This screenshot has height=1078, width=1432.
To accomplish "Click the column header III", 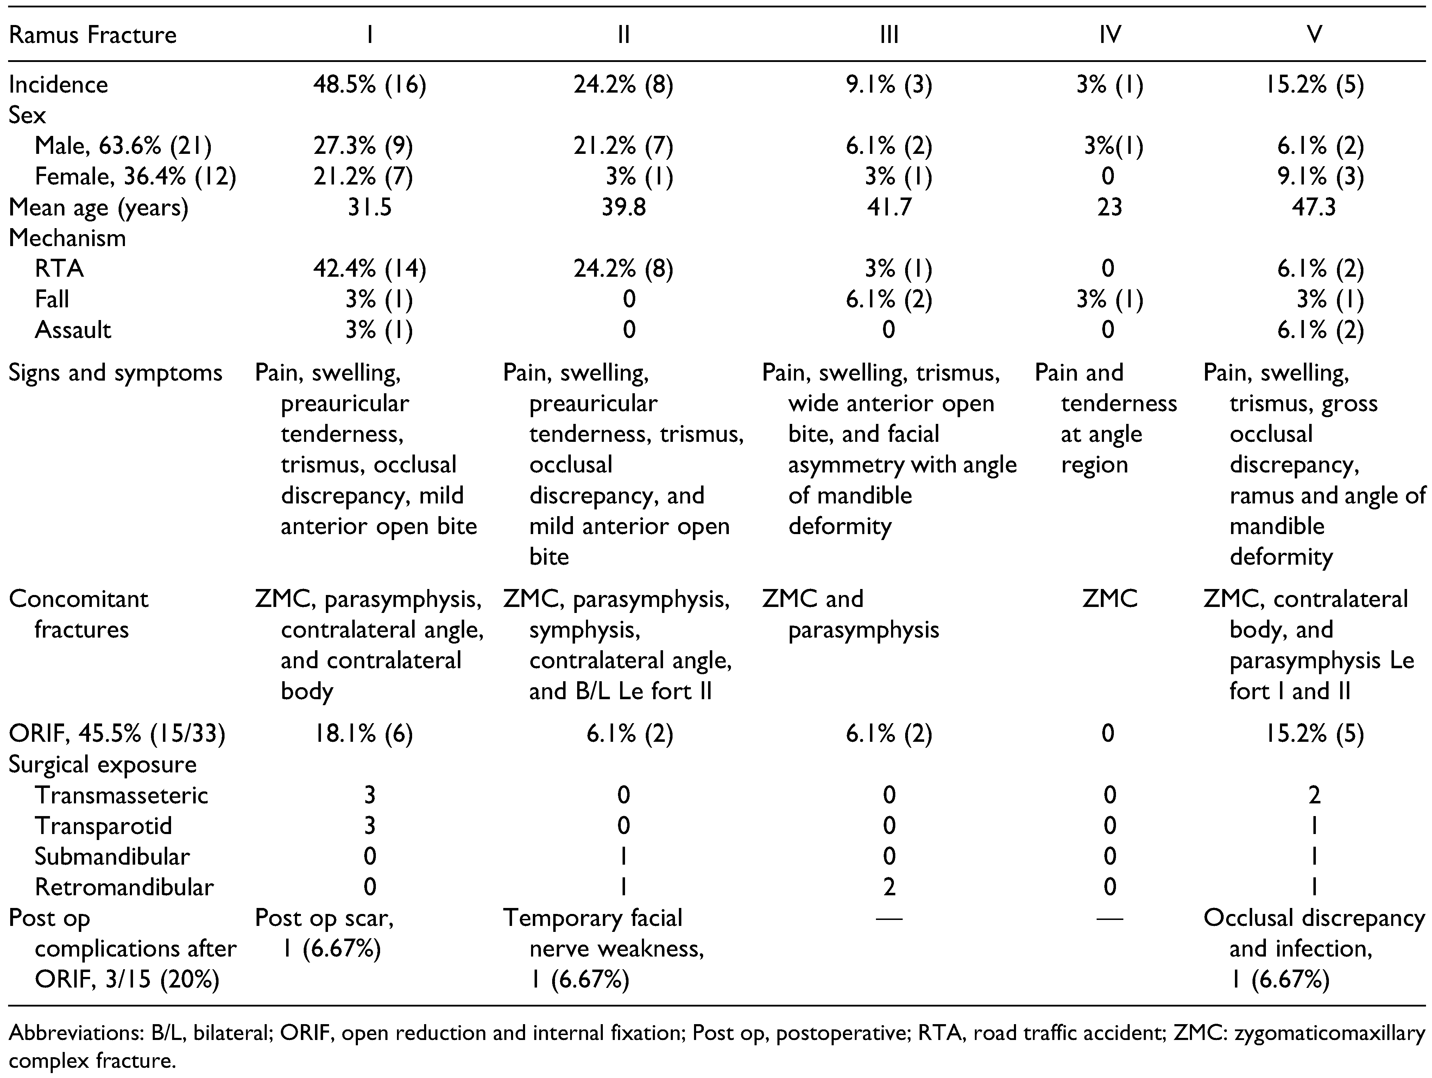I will tap(889, 34).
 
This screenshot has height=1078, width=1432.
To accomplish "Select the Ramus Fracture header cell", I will tap(93, 34).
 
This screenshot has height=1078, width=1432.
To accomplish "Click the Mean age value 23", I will tap(1109, 207).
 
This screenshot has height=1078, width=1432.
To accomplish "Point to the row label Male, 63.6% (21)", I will tap(123, 146).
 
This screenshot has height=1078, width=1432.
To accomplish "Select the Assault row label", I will tap(72, 330).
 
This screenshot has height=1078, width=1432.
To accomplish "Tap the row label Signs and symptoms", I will tap(115, 373).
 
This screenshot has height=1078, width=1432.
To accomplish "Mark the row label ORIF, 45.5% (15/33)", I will tap(116, 734).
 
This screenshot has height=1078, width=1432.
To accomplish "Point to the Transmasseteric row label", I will tap(121, 795).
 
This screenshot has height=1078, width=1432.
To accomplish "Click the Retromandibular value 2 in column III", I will tap(889, 887).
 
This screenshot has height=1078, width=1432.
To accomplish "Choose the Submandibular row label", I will tap(112, 857).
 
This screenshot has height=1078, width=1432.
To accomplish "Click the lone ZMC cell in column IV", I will tap(1109, 599).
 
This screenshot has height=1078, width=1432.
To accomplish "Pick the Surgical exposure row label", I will tap(102, 765).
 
